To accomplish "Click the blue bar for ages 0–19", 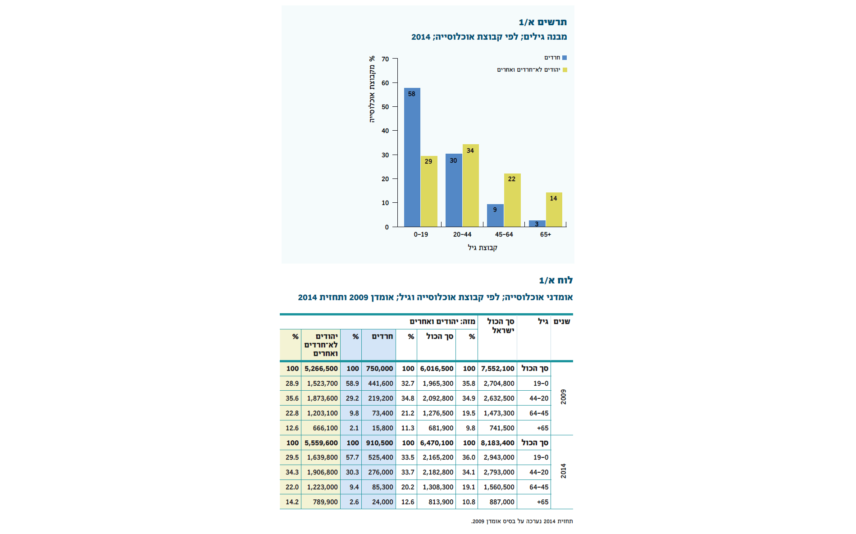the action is point(412,157).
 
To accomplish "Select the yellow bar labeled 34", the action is point(470,185).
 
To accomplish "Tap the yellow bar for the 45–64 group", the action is point(512,200).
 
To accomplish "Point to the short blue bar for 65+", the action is point(537,224).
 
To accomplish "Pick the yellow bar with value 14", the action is point(554,210).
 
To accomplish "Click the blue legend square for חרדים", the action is point(565,58).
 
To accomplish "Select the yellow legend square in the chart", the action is point(565,70).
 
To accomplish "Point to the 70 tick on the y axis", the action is point(385,59).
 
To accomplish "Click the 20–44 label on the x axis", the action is point(462,234).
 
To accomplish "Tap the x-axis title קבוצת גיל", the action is point(483,247).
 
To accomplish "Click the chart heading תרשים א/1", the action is point(543,22).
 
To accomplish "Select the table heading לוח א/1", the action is point(556,280).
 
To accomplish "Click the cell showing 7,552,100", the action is point(497,369).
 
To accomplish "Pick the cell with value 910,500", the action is point(379,443).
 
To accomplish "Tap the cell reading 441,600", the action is point(381,383).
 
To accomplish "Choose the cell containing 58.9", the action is point(352,383).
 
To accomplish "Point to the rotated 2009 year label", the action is point(563,397).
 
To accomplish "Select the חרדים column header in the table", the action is point(382,336).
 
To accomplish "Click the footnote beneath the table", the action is point(522,521).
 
